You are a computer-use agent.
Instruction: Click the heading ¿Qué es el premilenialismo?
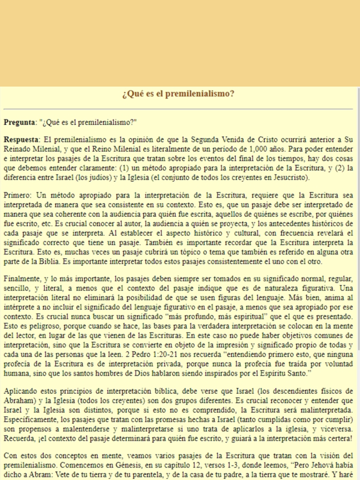point(179,94)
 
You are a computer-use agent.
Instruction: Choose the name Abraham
point(22,401)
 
